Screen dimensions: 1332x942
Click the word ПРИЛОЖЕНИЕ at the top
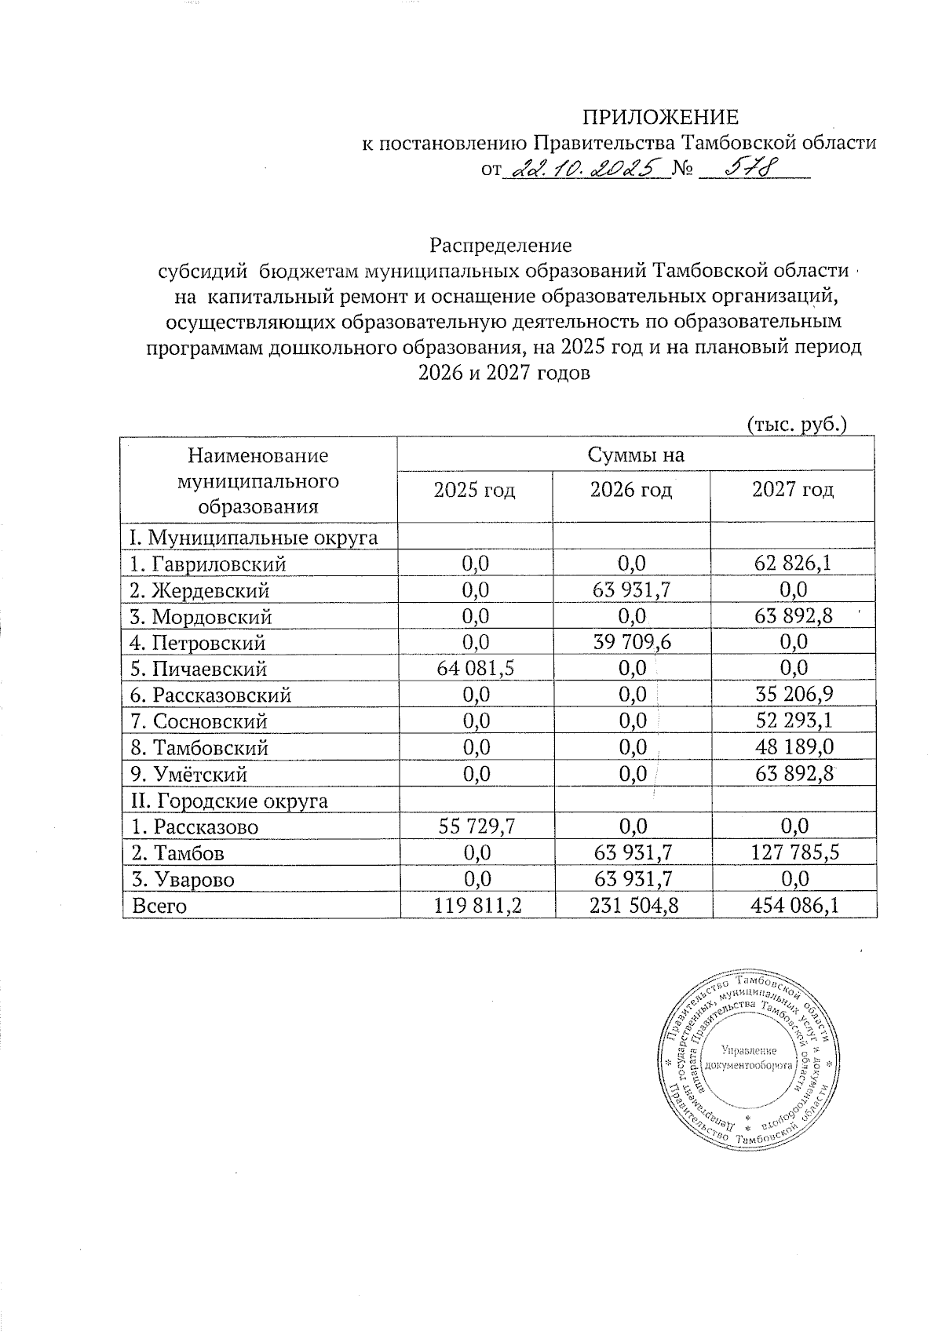point(659,118)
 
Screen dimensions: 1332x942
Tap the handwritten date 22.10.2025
point(585,168)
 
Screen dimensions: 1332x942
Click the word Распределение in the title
point(501,245)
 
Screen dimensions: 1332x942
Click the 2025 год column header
point(474,491)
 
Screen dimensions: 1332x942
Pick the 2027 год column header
point(793,491)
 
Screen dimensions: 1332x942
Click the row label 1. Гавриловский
point(208,564)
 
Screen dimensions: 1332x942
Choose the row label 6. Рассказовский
point(211,695)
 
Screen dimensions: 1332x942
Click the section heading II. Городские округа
point(228,801)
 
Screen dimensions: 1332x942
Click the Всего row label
point(159,906)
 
